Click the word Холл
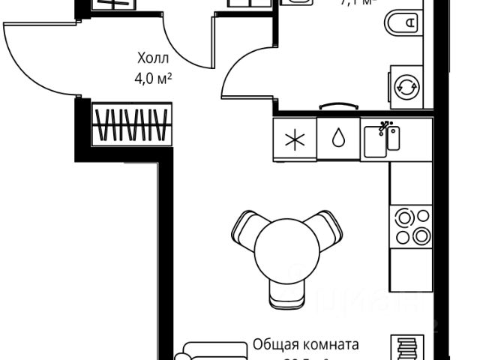coord(154,58)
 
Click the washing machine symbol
coord(407,85)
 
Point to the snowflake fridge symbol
coord(294,139)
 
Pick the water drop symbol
coord(337,139)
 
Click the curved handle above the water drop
coord(337,106)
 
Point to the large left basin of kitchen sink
coord(375,142)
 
